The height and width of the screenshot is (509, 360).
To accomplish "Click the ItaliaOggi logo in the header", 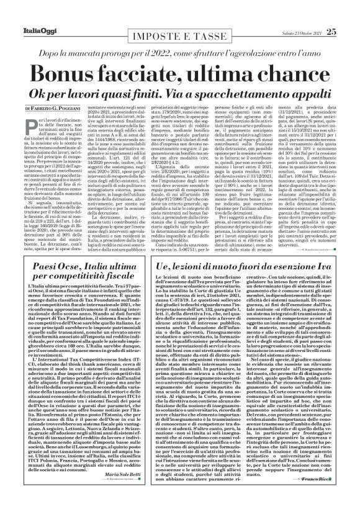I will click(x=25, y=12).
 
